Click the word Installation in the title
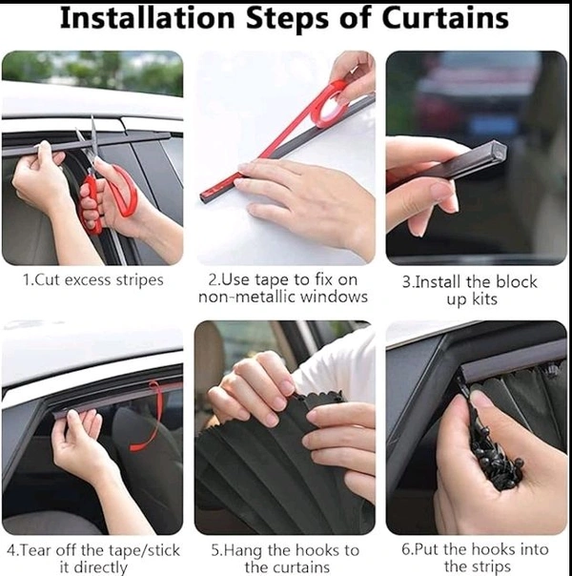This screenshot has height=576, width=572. click(147, 17)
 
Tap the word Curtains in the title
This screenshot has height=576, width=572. click(445, 17)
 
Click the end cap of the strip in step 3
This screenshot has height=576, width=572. click(498, 151)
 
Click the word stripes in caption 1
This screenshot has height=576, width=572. click(139, 280)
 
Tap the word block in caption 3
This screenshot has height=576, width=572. click(517, 282)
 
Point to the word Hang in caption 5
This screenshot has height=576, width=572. click(245, 551)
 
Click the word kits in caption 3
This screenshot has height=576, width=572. click(484, 299)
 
